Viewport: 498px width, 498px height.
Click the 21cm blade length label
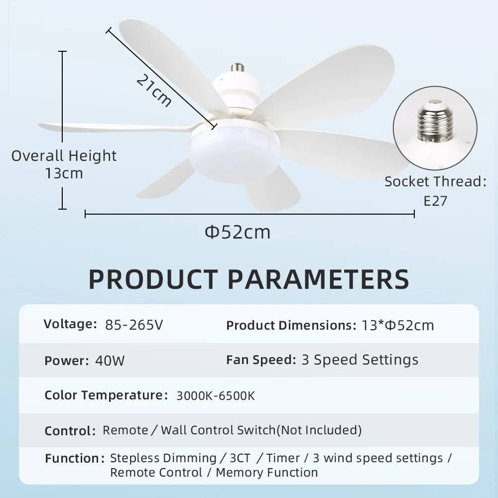(x=154, y=90)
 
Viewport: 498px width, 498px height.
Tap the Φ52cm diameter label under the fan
(x=238, y=232)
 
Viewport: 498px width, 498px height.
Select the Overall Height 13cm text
(x=64, y=164)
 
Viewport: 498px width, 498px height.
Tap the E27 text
(x=435, y=201)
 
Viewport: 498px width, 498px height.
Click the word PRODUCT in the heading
(x=153, y=279)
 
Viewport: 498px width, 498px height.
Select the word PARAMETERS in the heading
(x=319, y=279)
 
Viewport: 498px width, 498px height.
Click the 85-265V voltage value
(x=134, y=325)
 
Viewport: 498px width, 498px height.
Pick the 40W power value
(x=110, y=360)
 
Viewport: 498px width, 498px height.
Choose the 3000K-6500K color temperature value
(x=216, y=396)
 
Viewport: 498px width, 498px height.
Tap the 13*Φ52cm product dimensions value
(x=397, y=326)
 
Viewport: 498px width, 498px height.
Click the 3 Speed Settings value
(x=360, y=360)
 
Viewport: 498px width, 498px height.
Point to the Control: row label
(x=70, y=431)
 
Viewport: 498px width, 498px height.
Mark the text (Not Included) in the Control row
(x=319, y=430)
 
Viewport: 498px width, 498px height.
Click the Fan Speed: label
(x=261, y=360)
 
